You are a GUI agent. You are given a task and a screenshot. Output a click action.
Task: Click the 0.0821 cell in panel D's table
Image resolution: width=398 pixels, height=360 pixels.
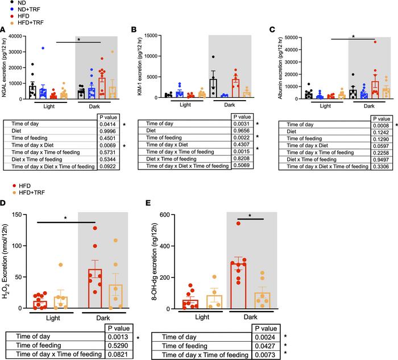tap(117, 354)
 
